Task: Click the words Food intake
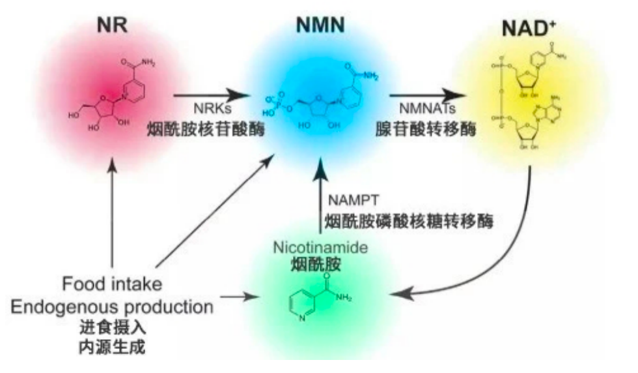112,285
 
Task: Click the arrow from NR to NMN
212,96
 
